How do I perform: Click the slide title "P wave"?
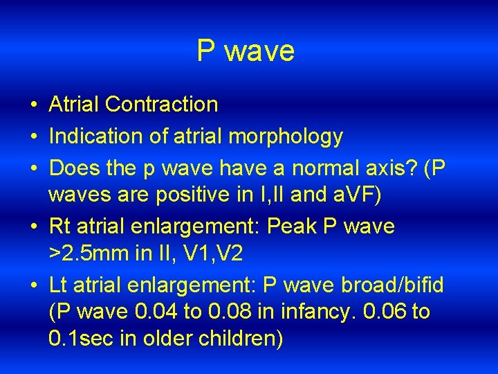246,51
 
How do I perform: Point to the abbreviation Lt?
58,285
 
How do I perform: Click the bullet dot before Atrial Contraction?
33,105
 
